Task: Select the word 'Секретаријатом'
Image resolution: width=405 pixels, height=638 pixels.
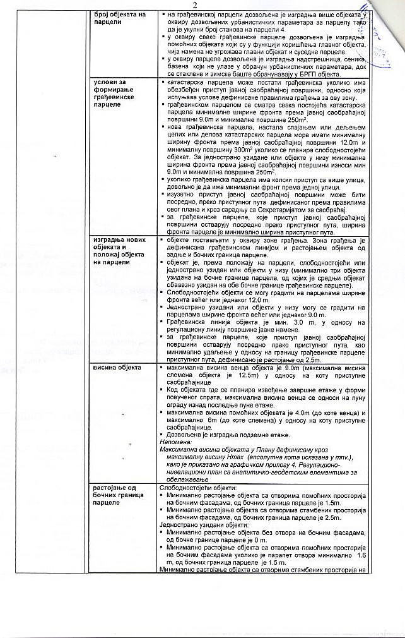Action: (x=306, y=209)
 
